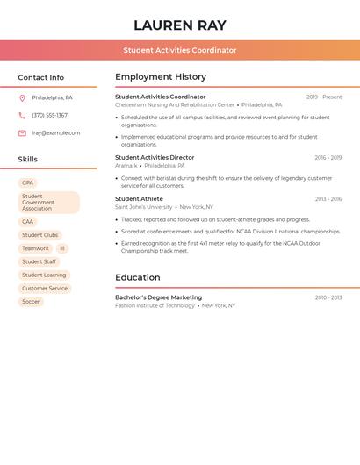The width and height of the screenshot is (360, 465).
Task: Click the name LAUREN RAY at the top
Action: coord(180,25)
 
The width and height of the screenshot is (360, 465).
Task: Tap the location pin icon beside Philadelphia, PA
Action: coord(22,98)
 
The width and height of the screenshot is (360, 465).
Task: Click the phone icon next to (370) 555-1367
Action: coord(22,116)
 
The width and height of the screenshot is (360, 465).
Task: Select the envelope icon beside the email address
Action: coord(22,133)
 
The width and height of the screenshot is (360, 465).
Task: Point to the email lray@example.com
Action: coord(56,133)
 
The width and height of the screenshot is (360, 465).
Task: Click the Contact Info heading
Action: coord(41,77)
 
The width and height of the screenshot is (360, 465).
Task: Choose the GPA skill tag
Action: coord(27,183)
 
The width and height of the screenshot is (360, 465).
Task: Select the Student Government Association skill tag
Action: coord(49,203)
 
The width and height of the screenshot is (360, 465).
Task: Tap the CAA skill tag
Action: coord(28,222)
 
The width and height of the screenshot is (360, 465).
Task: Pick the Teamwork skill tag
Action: coord(36,248)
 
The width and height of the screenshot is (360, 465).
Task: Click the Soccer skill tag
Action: coord(31,302)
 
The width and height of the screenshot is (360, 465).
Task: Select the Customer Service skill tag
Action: coord(45,289)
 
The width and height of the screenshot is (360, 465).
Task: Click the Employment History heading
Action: coord(161,77)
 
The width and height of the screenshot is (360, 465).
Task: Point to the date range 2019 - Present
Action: coord(324,97)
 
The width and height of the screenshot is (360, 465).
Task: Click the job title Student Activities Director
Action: coord(155,158)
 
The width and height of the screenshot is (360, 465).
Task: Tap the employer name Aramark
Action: coord(126,166)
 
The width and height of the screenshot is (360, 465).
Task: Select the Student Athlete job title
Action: coord(139,199)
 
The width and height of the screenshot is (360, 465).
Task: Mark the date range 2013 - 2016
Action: coord(328,199)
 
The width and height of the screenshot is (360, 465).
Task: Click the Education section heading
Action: coord(138,278)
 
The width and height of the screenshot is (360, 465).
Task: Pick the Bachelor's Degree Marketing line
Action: coord(158,297)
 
